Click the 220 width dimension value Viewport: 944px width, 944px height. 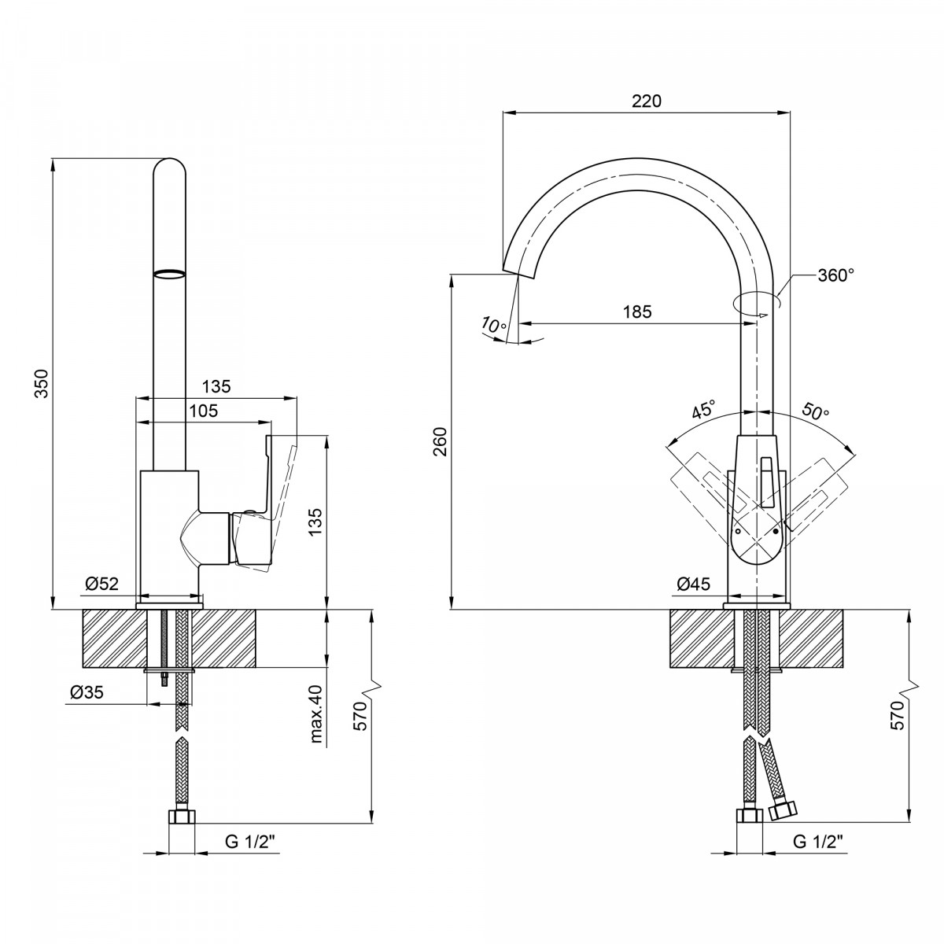tap(646, 101)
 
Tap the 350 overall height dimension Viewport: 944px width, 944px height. tap(43, 384)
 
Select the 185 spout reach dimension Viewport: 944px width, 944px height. tap(637, 312)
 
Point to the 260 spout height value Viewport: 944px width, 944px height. tap(441, 441)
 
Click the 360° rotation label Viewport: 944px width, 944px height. tap(835, 275)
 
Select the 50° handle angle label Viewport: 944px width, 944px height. tap(816, 411)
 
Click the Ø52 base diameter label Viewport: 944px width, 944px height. tap(102, 584)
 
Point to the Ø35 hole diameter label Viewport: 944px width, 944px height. tap(87, 692)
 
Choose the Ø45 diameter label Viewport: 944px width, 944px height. tap(694, 584)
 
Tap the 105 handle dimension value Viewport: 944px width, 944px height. tap(204, 411)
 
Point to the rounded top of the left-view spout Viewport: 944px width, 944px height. tap(170, 167)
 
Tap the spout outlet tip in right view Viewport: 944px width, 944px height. tap(518, 273)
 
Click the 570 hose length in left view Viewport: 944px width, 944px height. tap(360, 717)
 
